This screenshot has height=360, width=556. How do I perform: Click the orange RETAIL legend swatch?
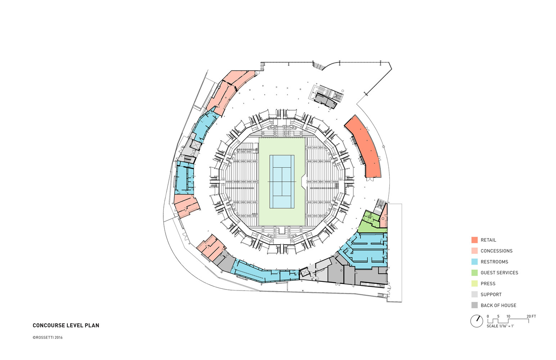point(474,240)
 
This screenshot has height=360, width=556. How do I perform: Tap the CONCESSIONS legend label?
point(496,251)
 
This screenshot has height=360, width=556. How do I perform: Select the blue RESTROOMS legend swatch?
point(474,262)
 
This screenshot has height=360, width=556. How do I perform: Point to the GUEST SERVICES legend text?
point(499,273)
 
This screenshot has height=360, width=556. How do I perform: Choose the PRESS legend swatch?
point(474,284)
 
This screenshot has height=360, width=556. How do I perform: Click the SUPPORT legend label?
point(491,294)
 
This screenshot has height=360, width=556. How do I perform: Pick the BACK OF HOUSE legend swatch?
point(474,305)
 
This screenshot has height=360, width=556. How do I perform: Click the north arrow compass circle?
point(476,321)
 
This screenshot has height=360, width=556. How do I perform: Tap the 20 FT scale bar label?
point(531,316)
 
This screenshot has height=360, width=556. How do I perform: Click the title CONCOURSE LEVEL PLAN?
point(66,325)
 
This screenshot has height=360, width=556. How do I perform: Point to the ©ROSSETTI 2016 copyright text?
point(48,338)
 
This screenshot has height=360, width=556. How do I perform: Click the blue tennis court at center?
point(282,181)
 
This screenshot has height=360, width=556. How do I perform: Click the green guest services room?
point(369,223)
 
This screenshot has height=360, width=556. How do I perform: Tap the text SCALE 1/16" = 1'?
point(500,326)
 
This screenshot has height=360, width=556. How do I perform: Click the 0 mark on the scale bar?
point(488,316)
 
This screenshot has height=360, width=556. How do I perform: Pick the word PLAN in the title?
point(92,325)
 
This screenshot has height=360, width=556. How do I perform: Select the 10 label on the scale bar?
point(508,316)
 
